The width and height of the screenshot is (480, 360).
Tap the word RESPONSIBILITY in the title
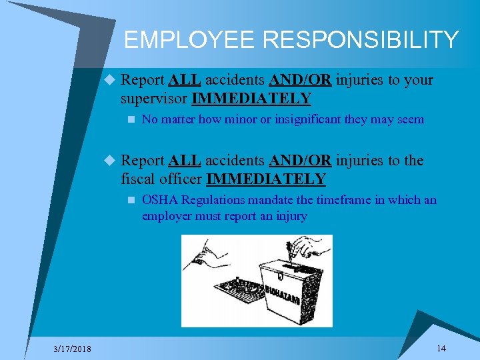coord(361,40)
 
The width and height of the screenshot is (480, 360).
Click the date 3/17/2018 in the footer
coord(73,349)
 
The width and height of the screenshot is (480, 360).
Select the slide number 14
coord(441,348)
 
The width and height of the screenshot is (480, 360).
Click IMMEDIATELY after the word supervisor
coord(251,99)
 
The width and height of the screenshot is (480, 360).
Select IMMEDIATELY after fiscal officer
coord(266,179)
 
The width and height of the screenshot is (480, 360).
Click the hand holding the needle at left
coord(207,254)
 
